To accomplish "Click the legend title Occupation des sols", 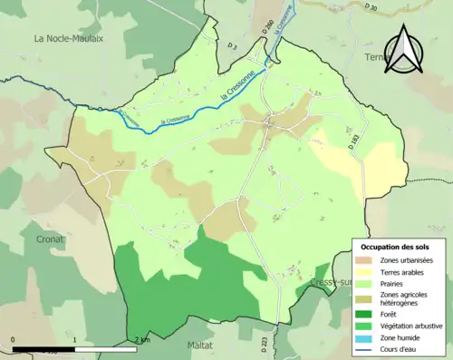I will click(397, 247).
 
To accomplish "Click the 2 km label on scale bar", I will click(142, 340).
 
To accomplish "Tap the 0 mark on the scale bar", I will click(13, 340).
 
